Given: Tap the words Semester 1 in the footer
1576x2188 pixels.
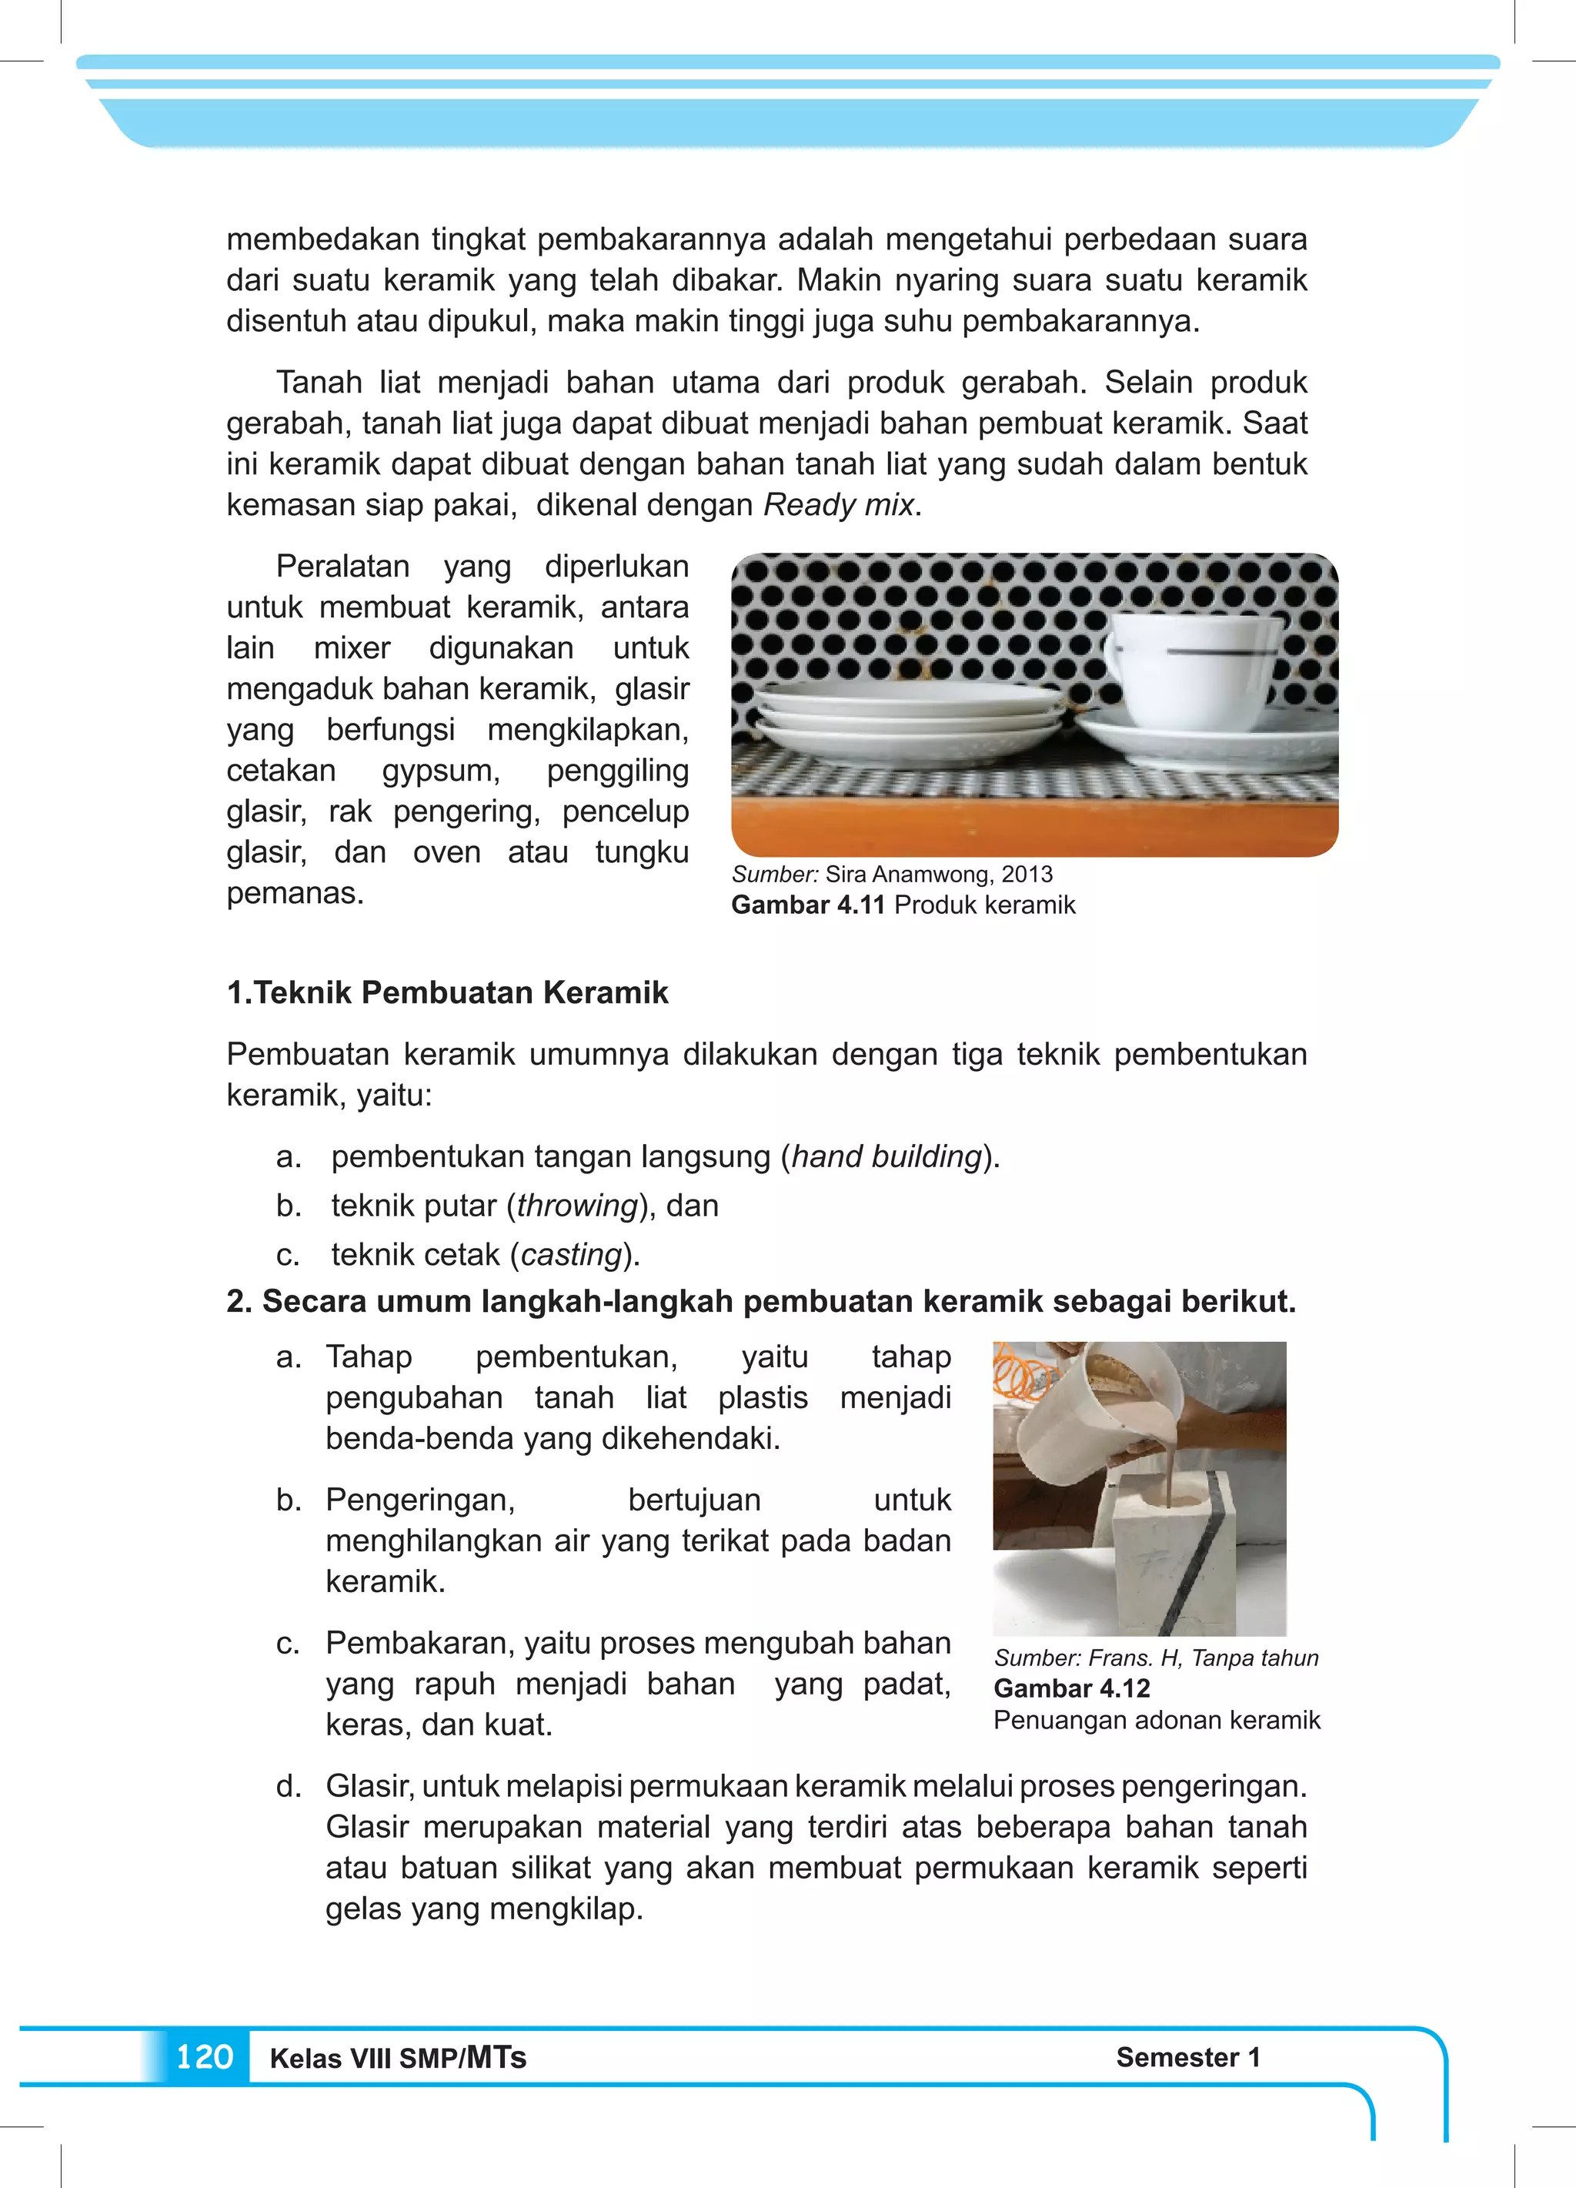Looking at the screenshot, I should point(1187,2057).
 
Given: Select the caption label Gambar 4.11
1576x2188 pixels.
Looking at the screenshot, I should point(807,905).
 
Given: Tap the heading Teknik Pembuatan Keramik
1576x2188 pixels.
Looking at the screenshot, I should point(460,992).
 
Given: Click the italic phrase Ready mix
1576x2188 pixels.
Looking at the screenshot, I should point(838,504).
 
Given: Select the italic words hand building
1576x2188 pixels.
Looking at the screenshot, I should point(886,1156).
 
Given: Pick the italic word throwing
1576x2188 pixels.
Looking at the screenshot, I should point(578,1205).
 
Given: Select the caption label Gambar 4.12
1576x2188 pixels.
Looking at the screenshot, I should point(1071,1688).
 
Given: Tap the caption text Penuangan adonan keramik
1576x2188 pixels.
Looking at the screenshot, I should point(1157,1720).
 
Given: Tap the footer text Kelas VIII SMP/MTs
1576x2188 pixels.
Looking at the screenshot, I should point(397,2058).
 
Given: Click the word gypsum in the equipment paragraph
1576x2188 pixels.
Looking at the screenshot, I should point(440,770).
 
